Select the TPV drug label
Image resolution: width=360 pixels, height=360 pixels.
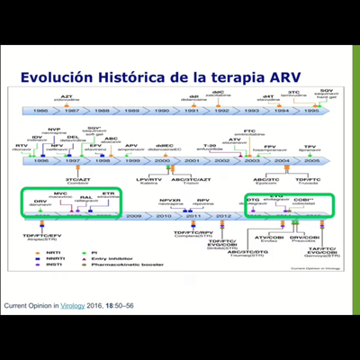point(310,144)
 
